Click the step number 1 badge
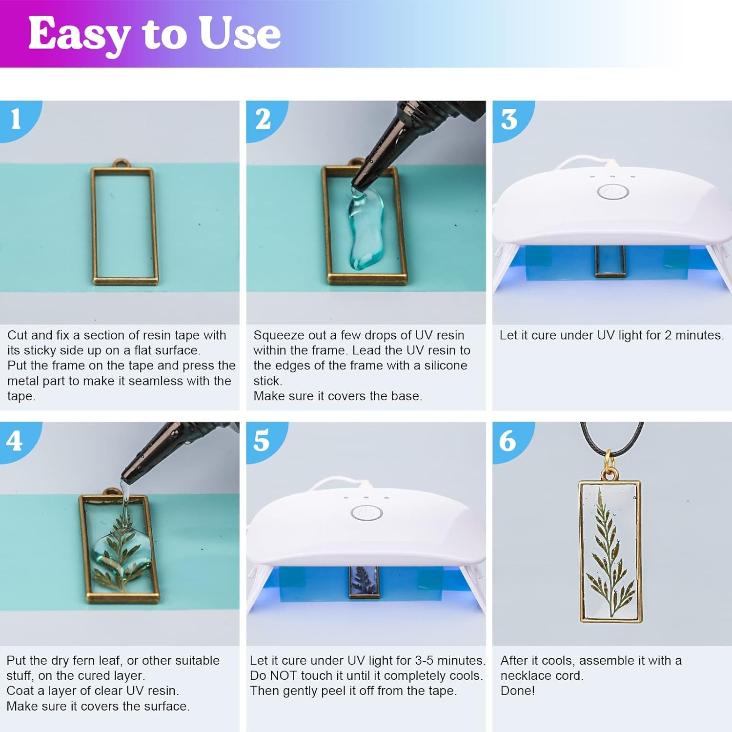tap(16, 119)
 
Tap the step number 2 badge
tap(263, 119)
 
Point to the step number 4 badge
tap(15, 441)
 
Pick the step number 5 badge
tap(262, 441)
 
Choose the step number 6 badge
tap(508, 441)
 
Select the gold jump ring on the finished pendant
tap(609, 460)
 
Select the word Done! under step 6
tap(517, 691)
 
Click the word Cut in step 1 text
tap(18, 335)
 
